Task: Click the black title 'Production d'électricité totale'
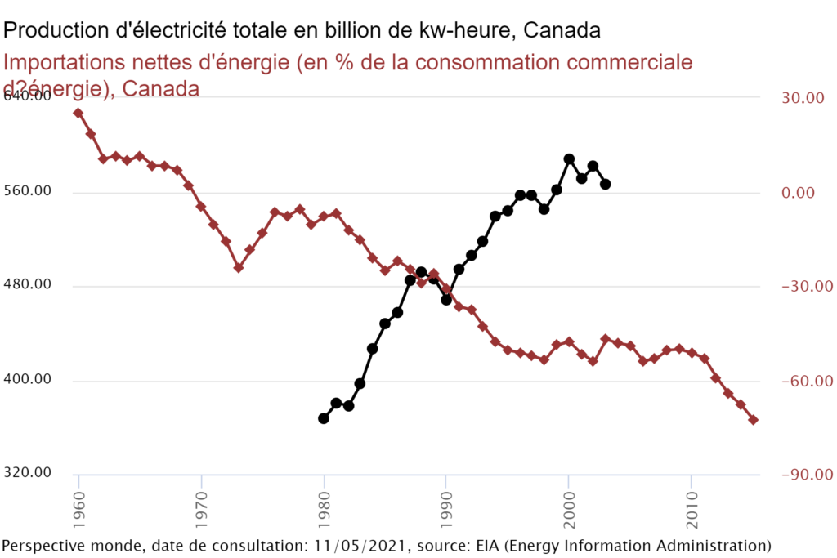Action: coord(302,29)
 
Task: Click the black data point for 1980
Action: coord(324,418)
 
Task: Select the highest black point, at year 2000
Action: coord(569,159)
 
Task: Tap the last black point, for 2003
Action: coord(606,185)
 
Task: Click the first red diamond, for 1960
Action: coord(78,113)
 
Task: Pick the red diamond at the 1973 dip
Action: coord(238,267)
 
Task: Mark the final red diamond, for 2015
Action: coord(754,420)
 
